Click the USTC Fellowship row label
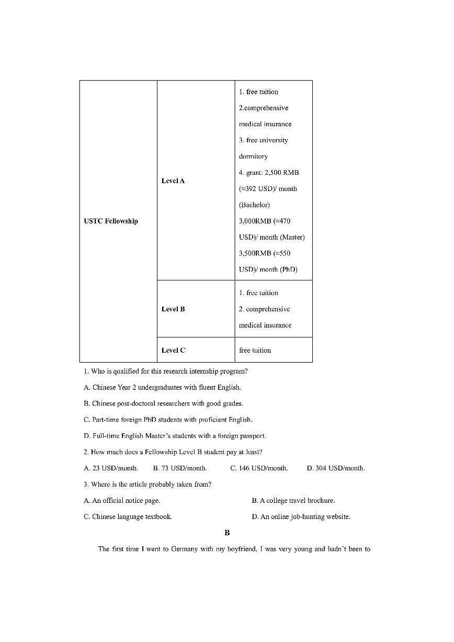click(111, 221)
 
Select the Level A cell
click(173, 181)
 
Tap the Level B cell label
click(173, 309)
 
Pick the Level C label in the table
click(173, 350)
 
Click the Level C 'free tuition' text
click(255, 350)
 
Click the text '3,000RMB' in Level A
click(255, 221)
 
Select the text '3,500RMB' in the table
click(255, 253)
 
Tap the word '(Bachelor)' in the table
click(254, 205)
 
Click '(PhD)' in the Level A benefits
click(288, 269)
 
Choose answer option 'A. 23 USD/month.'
click(111, 468)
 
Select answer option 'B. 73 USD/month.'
click(180, 468)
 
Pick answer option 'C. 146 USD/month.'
click(259, 468)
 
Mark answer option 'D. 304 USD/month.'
click(336, 468)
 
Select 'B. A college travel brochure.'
click(293, 500)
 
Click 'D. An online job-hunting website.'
click(301, 516)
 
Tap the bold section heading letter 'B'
click(227, 533)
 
